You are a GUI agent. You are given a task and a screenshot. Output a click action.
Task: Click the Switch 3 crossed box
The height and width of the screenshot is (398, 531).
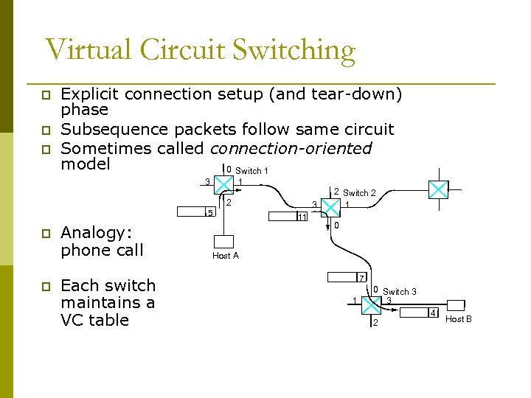click(x=375, y=303)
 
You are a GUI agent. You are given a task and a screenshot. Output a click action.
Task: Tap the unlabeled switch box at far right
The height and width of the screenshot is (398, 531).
click(x=438, y=190)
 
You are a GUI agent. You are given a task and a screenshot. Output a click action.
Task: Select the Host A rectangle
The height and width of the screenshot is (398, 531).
click(x=224, y=241)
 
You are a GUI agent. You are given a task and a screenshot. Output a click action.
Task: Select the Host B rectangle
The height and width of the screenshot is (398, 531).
click(x=456, y=305)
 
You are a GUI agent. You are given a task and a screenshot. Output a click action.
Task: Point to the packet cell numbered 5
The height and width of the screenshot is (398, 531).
click(x=211, y=213)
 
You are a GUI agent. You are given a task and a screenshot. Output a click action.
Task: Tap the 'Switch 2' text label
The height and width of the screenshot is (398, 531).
click(x=359, y=193)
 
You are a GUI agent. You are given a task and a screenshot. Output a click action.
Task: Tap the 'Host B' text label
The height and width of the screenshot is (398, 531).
click(x=459, y=319)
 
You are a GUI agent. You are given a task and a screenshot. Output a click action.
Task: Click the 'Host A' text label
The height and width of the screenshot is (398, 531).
click(x=226, y=256)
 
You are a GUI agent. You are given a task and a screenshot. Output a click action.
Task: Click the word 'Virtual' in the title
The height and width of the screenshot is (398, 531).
click(x=88, y=50)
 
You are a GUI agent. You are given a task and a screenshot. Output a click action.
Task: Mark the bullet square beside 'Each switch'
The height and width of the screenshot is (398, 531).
click(x=45, y=286)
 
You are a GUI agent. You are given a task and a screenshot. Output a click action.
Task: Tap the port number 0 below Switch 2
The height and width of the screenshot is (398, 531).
click(x=336, y=226)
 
